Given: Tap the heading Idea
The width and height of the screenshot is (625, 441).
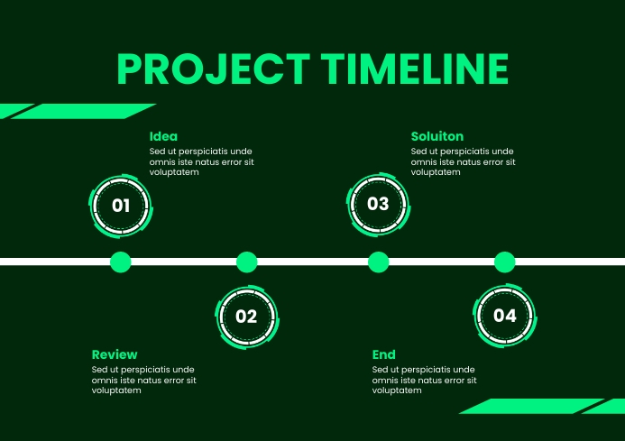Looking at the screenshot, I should point(163,136).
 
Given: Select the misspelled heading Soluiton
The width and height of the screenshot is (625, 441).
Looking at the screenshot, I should point(437,136).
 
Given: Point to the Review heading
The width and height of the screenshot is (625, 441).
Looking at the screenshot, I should point(115,354).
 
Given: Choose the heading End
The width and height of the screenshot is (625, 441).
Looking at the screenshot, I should point(383,354).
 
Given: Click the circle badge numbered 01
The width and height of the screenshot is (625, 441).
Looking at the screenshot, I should point(121,206).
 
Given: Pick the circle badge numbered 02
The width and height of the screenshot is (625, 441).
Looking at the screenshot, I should point(246,317).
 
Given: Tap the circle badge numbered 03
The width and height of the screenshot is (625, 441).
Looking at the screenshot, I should point(378,204).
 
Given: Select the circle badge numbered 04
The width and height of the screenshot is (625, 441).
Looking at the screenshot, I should point(504,316).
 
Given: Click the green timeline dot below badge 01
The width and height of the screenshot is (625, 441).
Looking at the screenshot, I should point(120,262).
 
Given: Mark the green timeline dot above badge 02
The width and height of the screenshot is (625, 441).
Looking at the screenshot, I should point(246,262).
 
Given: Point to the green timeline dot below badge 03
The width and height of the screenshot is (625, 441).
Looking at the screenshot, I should point(378,262).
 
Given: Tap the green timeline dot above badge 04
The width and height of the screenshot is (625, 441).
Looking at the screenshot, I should point(504,262).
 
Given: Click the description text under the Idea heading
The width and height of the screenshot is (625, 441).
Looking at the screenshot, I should point(201,161).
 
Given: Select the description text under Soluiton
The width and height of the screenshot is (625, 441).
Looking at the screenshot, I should point(463,161).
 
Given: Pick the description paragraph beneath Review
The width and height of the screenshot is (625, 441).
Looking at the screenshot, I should point(143,381).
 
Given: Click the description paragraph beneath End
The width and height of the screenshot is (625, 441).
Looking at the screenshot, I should point(424,381).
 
